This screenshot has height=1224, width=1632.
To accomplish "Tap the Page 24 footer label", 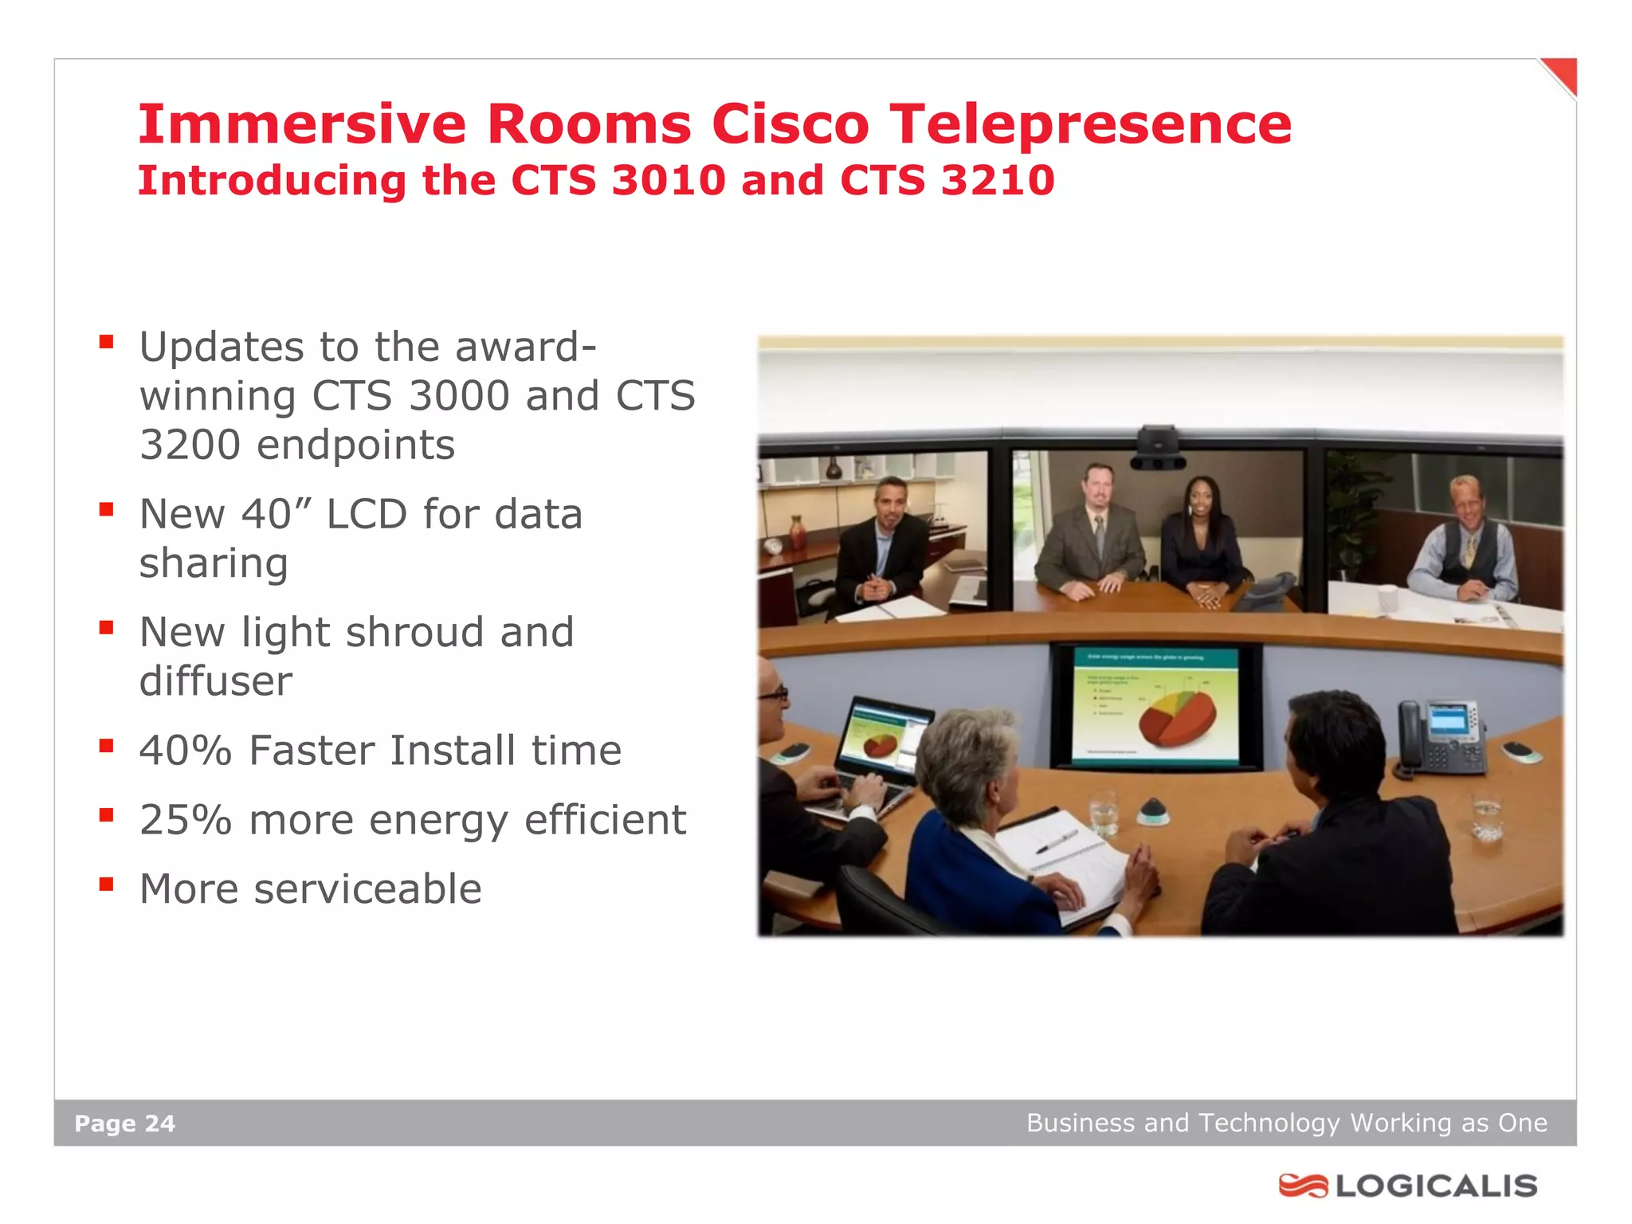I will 124,1124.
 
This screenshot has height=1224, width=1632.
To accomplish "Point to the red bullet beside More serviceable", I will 107,884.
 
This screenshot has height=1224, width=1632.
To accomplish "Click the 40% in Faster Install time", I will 185,751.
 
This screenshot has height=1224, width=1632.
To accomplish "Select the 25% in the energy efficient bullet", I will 185,820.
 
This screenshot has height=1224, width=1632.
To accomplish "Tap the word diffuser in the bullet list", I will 215,682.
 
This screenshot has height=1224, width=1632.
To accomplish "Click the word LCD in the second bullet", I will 367,515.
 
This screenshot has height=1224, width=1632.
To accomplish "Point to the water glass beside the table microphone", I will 1104,813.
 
